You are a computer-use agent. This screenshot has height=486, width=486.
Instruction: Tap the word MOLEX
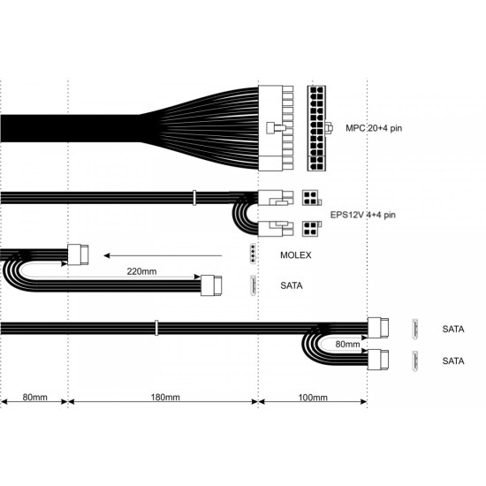click(x=295, y=255)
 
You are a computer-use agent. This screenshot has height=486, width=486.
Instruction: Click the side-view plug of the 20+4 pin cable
click(x=274, y=128)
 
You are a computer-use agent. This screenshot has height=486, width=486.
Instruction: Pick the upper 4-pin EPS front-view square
click(x=311, y=197)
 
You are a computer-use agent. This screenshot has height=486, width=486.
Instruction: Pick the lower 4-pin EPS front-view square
click(x=311, y=229)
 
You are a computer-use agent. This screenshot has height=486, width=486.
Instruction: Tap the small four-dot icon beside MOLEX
click(x=253, y=255)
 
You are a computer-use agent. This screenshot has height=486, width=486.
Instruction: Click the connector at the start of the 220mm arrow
click(x=79, y=255)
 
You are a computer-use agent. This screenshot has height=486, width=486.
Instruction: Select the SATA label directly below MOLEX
click(x=291, y=285)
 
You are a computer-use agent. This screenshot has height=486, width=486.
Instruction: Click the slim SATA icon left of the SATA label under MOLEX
click(x=253, y=285)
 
